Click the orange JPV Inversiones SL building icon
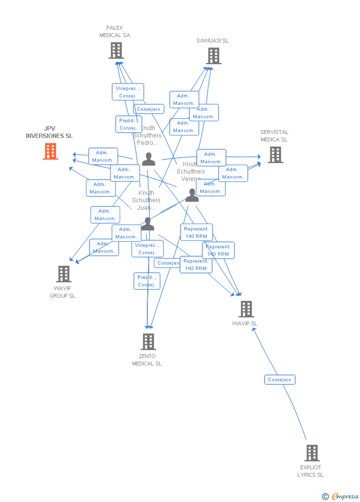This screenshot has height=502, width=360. click(50, 151)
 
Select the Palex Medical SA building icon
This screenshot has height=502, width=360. click(116, 50)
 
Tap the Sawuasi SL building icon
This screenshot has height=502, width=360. click(214, 56)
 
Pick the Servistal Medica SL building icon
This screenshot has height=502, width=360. click(275, 155)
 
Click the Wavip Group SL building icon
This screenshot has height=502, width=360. click(64, 274)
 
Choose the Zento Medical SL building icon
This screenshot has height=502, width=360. click(148, 341)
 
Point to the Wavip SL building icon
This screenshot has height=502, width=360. click(246, 309)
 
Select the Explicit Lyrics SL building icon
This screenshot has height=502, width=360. click(312, 453)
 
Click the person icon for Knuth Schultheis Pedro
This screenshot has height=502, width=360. click(149, 159)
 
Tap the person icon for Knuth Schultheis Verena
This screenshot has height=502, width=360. click(192, 195)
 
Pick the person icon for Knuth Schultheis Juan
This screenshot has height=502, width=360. click(147, 224)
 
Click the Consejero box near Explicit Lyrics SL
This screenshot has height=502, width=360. click(280, 380)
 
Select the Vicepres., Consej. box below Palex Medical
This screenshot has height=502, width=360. click(128, 92)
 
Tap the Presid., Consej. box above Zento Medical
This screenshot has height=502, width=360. click(147, 281)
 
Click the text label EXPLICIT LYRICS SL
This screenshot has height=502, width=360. click(311, 471)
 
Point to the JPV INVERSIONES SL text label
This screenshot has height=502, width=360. click(49, 133)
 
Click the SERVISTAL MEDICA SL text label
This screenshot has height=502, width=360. click(274, 136)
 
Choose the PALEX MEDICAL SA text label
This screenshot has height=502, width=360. click(115, 32)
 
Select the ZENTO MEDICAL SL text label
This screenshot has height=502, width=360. click(147, 360)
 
